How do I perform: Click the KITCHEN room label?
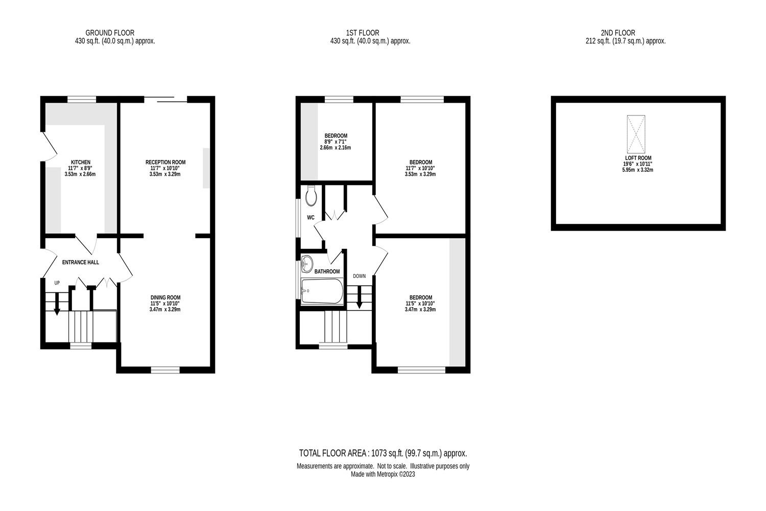(x=80, y=162)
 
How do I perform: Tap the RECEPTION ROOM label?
(x=165, y=162)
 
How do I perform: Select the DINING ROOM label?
(x=165, y=297)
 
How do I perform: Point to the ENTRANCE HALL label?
(x=80, y=263)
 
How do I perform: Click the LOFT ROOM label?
(x=637, y=158)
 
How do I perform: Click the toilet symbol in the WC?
(x=311, y=195)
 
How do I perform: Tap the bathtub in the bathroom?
(x=322, y=291)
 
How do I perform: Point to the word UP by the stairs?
(x=57, y=283)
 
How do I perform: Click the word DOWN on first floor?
(x=359, y=276)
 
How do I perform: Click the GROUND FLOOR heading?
(x=110, y=33)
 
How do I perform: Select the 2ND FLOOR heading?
(x=618, y=33)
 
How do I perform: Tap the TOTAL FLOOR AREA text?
(x=383, y=453)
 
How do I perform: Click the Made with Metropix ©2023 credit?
(x=383, y=474)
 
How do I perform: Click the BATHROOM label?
(x=327, y=271)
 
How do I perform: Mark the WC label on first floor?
(x=310, y=218)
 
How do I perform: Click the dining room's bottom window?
(x=165, y=369)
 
